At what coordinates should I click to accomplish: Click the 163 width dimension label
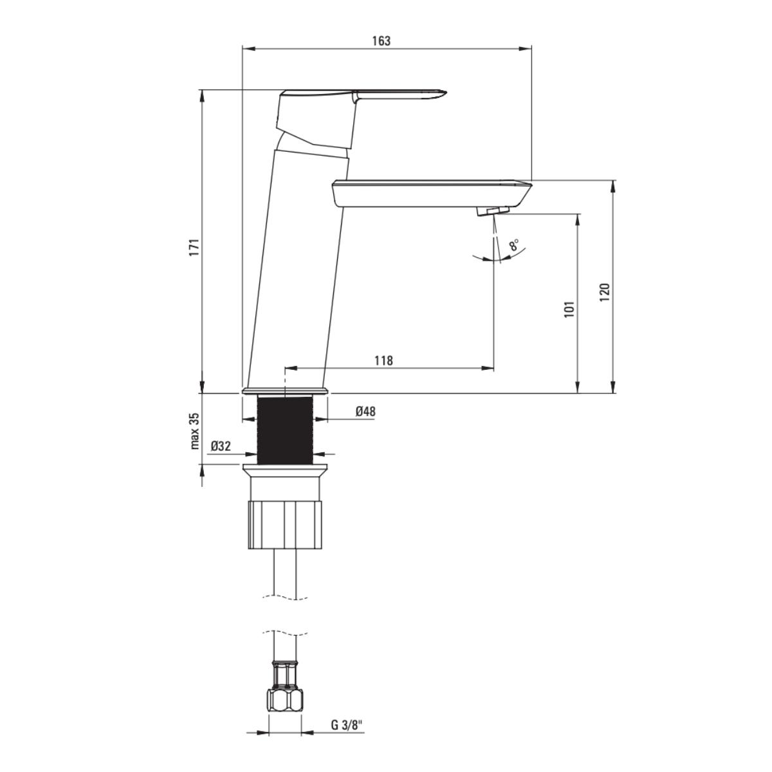[x=381, y=41]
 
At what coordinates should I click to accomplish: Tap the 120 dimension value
[x=604, y=292]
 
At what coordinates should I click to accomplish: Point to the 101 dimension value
[x=569, y=309]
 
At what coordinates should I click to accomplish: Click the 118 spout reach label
[x=383, y=360]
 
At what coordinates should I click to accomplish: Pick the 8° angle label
[x=513, y=245]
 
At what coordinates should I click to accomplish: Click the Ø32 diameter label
[x=221, y=445]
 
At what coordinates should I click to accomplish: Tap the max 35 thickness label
[x=195, y=431]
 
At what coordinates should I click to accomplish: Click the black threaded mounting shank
[x=284, y=429]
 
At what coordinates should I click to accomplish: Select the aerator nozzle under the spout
[x=492, y=210]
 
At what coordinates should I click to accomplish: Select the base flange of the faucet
[x=285, y=391]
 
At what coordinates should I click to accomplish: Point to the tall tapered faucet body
[x=296, y=270]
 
